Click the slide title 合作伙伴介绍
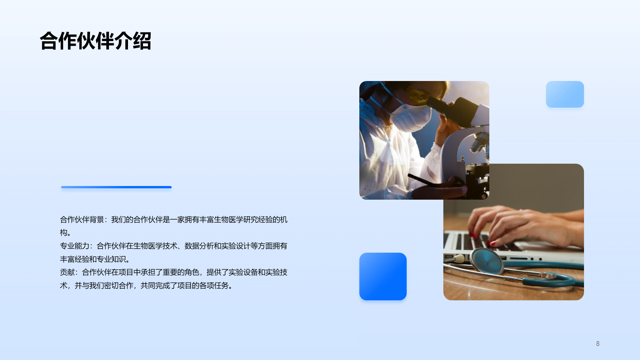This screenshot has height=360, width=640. pos(96,41)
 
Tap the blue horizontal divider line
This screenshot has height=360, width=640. pos(116,187)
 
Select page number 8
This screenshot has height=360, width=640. pos(598,344)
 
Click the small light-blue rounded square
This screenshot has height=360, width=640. pos(565,94)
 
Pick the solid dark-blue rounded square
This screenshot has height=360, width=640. pos(383,276)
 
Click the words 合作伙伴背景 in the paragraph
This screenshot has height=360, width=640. pos(82,220)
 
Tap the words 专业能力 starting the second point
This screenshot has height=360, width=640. pos(75,246)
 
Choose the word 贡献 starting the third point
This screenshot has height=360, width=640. pos(67,272)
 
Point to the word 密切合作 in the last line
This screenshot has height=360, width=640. pos(118,286)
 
